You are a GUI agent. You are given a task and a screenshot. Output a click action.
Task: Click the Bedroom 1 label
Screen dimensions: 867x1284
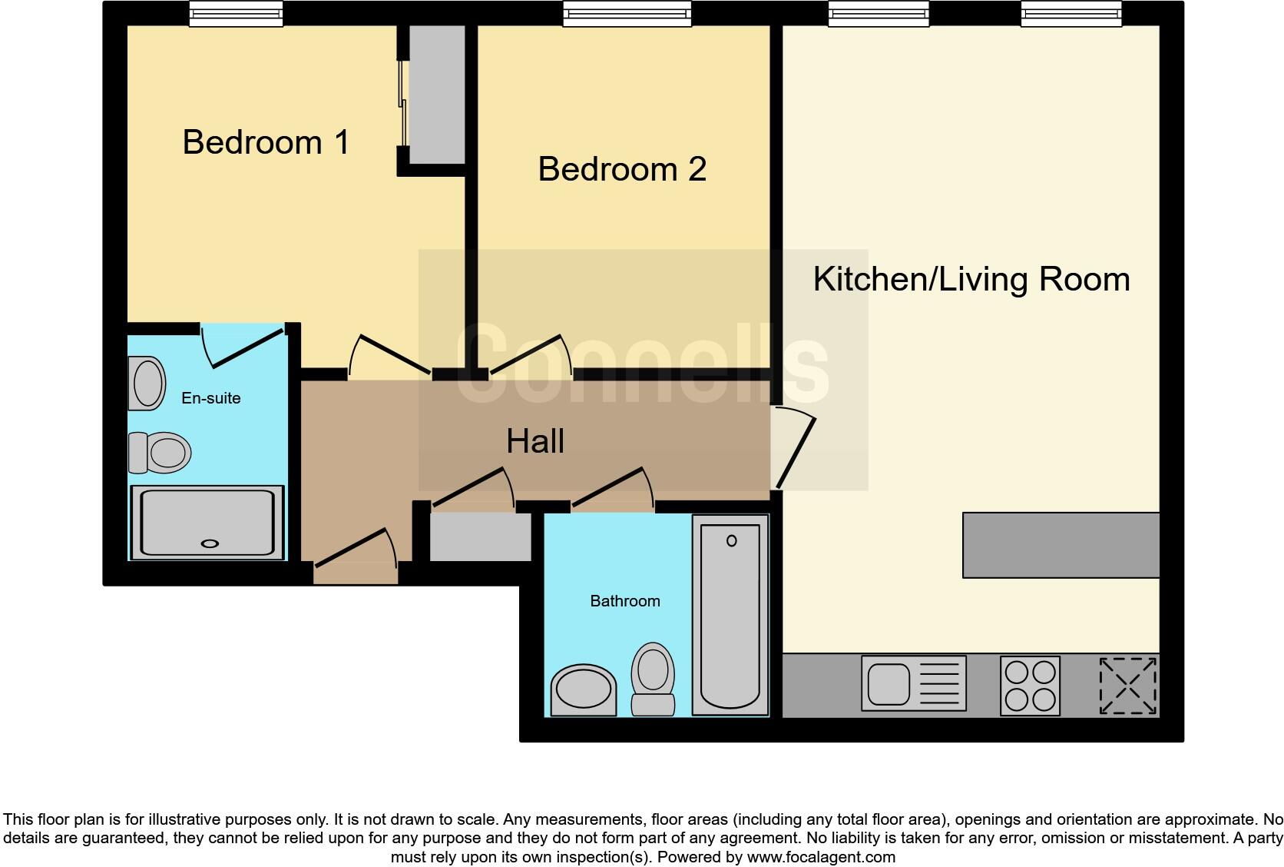click(266, 143)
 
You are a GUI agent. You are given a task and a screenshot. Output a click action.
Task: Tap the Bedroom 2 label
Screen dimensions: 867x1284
click(621, 169)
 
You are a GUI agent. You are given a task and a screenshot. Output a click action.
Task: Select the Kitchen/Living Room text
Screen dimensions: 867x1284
click(971, 279)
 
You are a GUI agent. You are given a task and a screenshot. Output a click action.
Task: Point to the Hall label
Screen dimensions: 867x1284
click(535, 442)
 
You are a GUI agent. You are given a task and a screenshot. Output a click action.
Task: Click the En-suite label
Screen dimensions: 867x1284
click(210, 398)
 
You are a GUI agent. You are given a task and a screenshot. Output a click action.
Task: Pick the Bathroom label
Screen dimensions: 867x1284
click(624, 601)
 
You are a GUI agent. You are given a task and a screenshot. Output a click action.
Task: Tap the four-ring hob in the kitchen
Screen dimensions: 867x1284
click(1030, 686)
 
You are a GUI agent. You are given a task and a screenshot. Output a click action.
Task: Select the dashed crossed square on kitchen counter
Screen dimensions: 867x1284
click(1127, 686)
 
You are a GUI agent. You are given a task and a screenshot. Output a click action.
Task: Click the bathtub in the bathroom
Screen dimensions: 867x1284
click(730, 615)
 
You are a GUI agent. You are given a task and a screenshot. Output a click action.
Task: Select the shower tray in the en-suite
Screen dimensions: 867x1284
click(207, 522)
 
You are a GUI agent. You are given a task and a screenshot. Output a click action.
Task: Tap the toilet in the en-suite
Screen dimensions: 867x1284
click(160, 452)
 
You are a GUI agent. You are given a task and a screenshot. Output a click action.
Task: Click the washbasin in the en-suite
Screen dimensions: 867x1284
click(147, 383)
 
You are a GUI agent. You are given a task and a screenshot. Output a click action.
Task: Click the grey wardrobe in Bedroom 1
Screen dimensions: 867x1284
click(436, 94)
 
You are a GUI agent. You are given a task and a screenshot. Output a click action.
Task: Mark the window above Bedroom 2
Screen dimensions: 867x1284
click(627, 13)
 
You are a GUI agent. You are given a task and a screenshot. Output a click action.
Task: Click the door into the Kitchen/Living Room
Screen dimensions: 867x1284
click(795, 446)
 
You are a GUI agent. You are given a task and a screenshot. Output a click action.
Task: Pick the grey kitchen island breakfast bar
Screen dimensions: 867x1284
click(1061, 545)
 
